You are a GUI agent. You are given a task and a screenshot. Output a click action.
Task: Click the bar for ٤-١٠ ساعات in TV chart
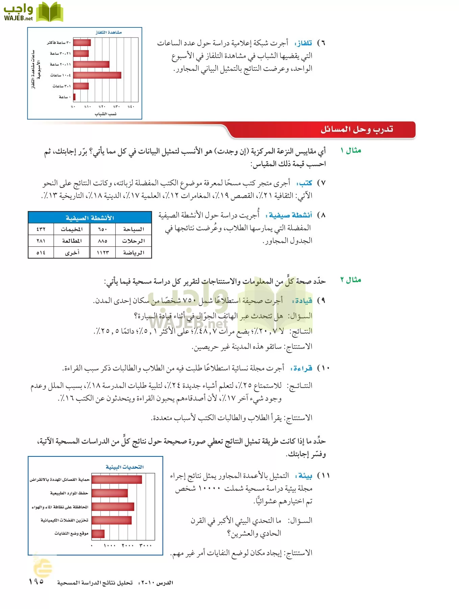[97, 75]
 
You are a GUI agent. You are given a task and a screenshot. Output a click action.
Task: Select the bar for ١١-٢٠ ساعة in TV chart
[91, 64]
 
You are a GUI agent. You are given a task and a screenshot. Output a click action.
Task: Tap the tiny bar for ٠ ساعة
[74, 97]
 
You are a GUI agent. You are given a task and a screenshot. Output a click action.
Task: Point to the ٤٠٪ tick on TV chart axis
[131, 107]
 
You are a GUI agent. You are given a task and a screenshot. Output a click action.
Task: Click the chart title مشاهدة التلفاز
[108, 32]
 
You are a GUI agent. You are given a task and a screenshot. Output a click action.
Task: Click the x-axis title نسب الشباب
[105, 114]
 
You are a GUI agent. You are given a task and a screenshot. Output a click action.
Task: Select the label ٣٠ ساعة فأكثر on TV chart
[59, 43]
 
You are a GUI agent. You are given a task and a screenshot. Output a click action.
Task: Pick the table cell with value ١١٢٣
[102, 253]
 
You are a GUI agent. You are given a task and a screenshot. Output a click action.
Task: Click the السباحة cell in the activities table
[133, 229]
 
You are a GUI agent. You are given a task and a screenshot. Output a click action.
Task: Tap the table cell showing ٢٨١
[41, 241]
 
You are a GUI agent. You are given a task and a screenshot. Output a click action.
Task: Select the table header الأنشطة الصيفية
[90, 218]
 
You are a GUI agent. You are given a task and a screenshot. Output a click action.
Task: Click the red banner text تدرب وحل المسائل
[357, 130]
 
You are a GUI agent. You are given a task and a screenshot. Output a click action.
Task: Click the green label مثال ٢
[351, 280]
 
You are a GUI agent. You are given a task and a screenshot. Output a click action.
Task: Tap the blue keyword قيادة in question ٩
[303, 300]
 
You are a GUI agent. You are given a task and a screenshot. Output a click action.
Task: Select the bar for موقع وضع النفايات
[98, 534]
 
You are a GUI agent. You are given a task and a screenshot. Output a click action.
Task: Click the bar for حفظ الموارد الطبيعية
[110, 493]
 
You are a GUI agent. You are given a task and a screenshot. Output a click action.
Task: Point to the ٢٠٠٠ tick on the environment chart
[127, 545]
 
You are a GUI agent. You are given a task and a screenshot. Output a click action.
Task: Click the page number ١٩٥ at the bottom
[37, 581]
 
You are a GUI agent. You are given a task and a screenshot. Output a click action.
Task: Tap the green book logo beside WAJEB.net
[50, 12]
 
